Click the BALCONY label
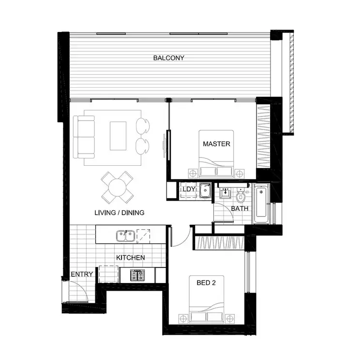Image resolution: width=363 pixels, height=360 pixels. point(168,58)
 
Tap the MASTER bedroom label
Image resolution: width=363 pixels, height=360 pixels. point(216,144)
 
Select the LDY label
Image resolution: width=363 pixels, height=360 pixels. point(188,189)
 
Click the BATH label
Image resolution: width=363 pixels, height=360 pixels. point(240,209)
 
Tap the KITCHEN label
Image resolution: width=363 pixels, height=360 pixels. point(130,258)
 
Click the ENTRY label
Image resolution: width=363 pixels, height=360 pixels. point(82,275)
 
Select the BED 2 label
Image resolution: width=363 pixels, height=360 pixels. point(206,282)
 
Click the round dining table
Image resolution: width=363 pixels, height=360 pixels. point(118,188)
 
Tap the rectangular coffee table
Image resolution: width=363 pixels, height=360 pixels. point(119,136)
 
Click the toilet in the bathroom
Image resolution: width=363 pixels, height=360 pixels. point(241,196)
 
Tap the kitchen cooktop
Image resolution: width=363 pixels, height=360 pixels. point(137,275)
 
